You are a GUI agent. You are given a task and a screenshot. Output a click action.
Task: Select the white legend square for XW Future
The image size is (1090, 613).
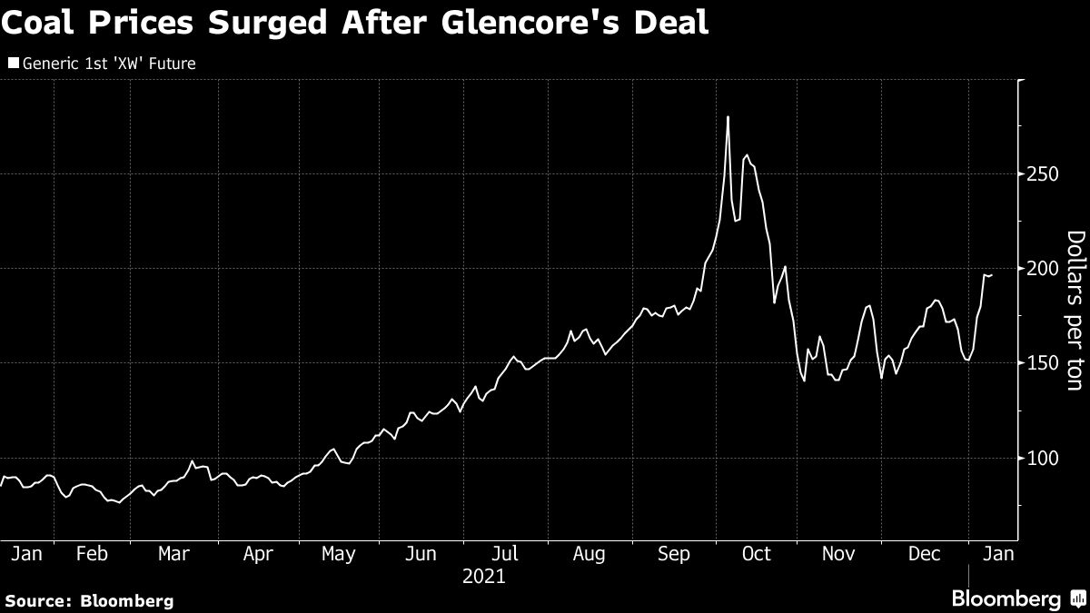pyautogui.click(x=12, y=64)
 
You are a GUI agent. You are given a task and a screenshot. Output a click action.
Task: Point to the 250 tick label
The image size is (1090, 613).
pyautogui.click(x=1037, y=173)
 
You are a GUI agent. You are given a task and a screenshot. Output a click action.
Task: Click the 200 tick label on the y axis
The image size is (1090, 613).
pyautogui.click(x=1037, y=269)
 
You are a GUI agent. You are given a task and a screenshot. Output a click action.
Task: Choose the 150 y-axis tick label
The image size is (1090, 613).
pyautogui.click(x=1037, y=363)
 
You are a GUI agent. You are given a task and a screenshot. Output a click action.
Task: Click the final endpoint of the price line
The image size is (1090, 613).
pyautogui.click(x=992, y=274)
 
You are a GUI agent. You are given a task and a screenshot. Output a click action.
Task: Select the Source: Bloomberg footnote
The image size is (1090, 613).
pyautogui.click(x=88, y=600)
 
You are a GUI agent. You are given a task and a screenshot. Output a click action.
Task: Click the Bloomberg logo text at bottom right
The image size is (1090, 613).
pyautogui.click(x=1006, y=598)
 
